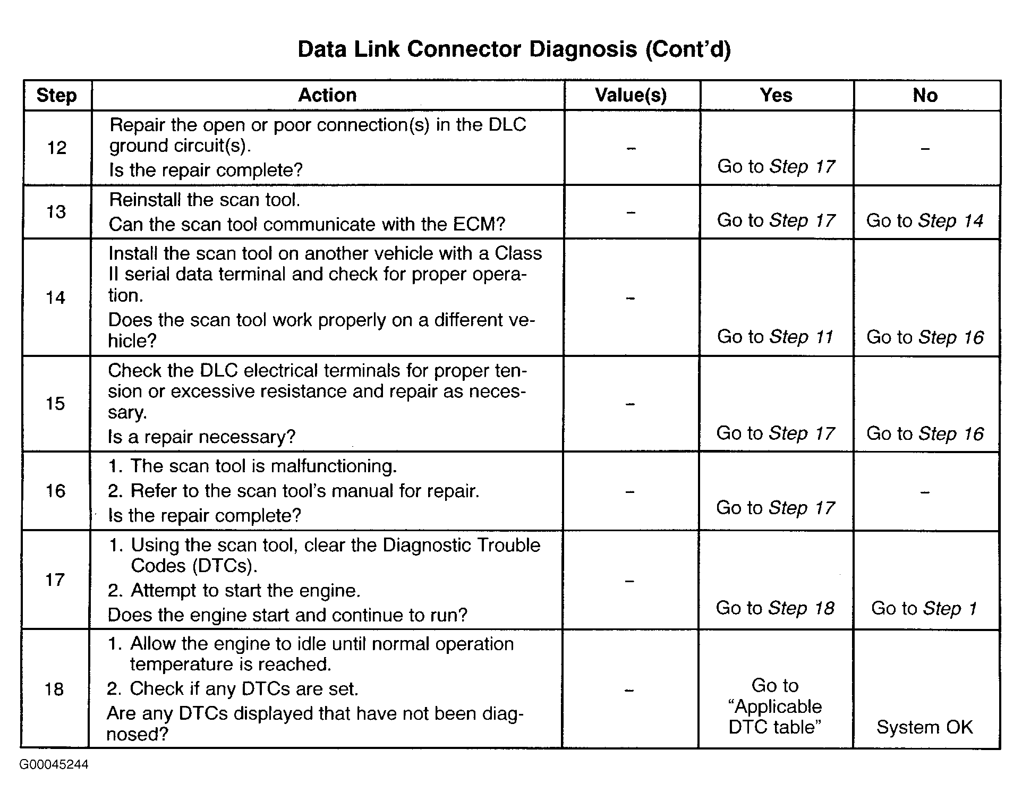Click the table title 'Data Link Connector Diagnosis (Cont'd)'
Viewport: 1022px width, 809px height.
(x=514, y=49)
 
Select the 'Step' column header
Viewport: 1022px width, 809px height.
(x=57, y=96)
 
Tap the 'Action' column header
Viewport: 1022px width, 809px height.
(x=327, y=95)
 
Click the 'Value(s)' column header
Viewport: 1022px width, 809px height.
(x=631, y=95)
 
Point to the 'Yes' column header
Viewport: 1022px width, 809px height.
(x=776, y=95)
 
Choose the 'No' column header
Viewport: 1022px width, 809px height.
(x=925, y=95)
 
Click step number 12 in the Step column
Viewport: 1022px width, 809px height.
(x=57, y=148)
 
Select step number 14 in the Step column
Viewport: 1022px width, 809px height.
(x=56, y=297)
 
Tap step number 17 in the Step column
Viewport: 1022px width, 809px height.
(x=55, y=580)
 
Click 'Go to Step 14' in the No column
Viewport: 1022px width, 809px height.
(x=925, y=220)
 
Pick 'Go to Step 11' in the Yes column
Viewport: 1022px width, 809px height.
(x=776, y=337)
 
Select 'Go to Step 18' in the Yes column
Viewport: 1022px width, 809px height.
(x=775, y=608)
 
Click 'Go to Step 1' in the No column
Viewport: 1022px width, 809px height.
(x=924, y=608)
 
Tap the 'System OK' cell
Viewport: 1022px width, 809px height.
(x=924, y=727)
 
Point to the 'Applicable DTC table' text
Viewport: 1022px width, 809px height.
(x=775, y=717)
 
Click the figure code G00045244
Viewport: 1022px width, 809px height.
(x=54, y=765)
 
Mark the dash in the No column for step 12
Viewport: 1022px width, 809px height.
(x=925, y=149)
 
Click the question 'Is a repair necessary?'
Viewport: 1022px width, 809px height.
(x=201, y=437)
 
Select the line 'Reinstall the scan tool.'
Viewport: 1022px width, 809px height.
(x=205, y=200)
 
